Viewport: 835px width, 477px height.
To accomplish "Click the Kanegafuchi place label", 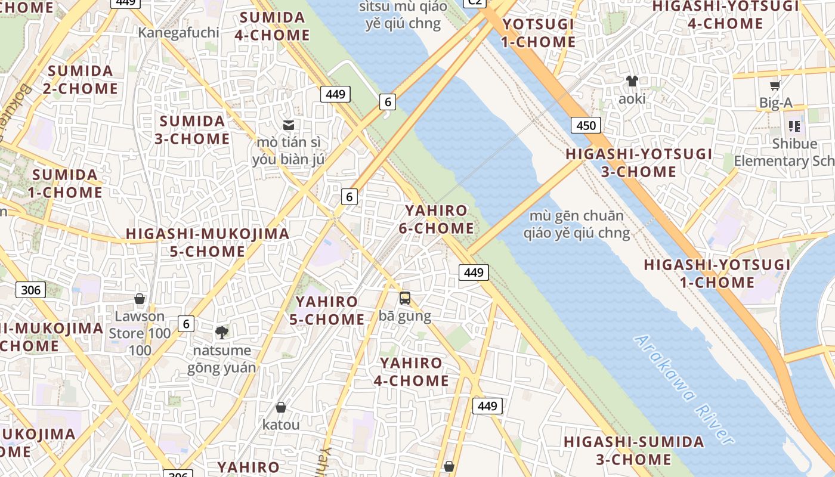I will click(178, 32).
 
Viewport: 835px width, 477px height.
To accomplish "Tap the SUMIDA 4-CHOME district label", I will click(271, 26).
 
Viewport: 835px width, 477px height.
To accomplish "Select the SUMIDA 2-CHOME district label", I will click(81, 79).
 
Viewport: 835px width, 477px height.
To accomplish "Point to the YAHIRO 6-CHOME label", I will click(440, 219).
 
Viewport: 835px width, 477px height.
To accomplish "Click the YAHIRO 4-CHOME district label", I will click(411, 371).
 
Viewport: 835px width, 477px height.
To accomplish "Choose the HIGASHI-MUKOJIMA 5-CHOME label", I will click(208, 243).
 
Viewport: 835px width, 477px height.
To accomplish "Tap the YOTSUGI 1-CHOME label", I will click(538, 33).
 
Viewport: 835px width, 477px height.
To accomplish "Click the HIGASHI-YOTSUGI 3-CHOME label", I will click(639, 163).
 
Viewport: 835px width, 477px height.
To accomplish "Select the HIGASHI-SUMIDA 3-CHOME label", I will click(634, 451).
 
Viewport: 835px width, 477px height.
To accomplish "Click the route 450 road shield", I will click(586, 125).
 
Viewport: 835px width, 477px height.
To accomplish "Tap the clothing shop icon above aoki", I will click(632, 81).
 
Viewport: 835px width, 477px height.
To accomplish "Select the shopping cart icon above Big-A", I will click(775, 86).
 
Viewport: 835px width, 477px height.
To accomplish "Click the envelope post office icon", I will click(289, 125).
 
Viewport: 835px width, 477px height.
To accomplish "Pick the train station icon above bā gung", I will click(405, 298).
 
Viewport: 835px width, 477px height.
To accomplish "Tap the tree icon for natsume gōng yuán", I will click(221, 332).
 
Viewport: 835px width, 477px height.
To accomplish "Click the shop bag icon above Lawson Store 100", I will click(140, 299).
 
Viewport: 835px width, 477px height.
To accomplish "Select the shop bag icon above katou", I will click(281, 407).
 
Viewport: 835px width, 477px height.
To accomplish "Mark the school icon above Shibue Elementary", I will click(794, 126).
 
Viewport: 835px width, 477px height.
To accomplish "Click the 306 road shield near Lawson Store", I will click(30, 290).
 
